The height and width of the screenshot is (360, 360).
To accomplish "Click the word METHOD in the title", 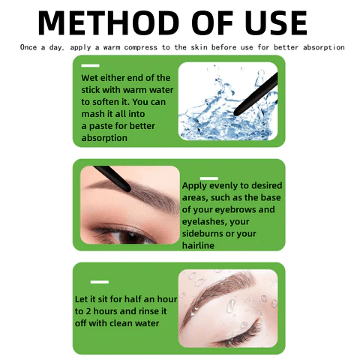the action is click(109, 22).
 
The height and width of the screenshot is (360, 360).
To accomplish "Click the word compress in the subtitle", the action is click(141, 47).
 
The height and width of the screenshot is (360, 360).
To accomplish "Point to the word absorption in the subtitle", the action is click(324, 47).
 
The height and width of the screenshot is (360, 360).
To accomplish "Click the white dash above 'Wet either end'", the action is click(90, 66).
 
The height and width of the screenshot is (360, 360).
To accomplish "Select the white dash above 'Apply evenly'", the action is click(209, 178).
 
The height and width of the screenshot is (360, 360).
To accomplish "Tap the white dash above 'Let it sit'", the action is click(100, 282).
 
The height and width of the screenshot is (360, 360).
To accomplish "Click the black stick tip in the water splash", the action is click(237, 113).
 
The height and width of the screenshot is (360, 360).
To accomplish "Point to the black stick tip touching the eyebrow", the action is click(127, 188).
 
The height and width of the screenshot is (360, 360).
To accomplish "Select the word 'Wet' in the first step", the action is click(89, 78).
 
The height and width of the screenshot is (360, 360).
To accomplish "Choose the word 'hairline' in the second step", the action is click(198, 245).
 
